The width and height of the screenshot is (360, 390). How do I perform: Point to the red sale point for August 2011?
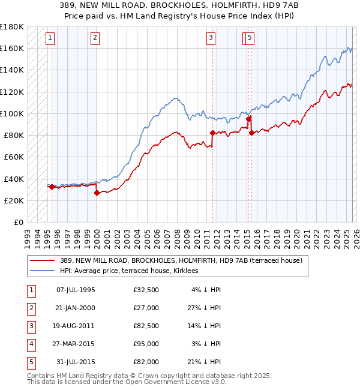pyautogui.click(x=212, y=133)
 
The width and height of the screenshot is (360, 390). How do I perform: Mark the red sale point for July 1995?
pyautogui.click(x=52, y=187)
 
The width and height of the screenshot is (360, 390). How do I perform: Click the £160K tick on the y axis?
pyautogui.click(x=11, y=48)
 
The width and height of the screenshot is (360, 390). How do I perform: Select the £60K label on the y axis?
pyautogui.click(x=13, y=157)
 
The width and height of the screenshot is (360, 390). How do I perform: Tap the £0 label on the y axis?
pyautogui.click(x=18, y=222)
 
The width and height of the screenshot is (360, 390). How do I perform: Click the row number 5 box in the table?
pyautogui.click(x=30, y=362)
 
